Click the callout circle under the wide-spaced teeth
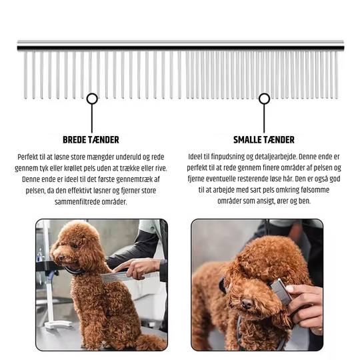click(92, 99)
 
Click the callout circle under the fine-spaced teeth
click(264, 99)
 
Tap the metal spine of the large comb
click(180, 45)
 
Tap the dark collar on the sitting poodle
click(75, 270)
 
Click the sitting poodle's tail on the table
click(149, 341)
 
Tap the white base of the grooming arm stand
click(57, 325)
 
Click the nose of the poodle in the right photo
click(247, 303)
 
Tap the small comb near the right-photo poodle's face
click(280, 292)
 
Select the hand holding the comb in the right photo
click(307, 303)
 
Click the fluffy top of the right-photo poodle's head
click(273, 257)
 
